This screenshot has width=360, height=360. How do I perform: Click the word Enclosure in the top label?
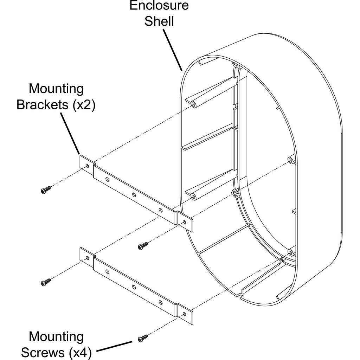point(159,6)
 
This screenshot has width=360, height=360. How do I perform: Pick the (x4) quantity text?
point(80,352)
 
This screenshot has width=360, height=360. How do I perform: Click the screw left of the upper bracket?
point(45,190)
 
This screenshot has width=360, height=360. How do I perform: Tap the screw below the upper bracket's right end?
point(143,246)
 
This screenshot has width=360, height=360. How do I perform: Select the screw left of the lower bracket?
point(46,282)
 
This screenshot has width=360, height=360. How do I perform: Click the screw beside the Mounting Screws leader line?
point(142,338)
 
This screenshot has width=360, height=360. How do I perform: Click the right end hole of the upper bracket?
point(185,221)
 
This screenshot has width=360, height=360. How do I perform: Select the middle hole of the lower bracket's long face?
point(134,287)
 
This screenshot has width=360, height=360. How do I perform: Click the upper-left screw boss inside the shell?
point(193,105)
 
